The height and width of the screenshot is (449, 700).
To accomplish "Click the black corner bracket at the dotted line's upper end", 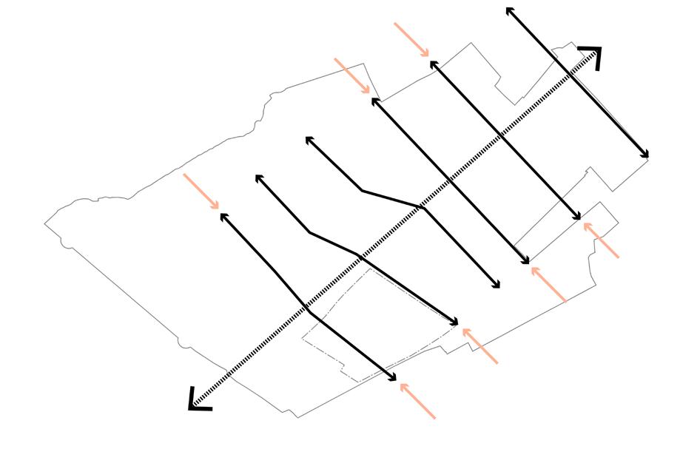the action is [x=593, y=55].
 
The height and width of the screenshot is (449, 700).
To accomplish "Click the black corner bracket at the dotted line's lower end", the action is [x=198, y=401].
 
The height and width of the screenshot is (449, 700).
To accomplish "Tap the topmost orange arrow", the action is [x=411, y=39].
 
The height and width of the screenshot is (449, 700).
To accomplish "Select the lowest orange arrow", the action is [x=417, y=401].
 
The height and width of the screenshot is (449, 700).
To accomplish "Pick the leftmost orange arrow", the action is [x=201, y=192].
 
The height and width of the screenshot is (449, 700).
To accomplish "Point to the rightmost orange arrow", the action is [x=601, y=240].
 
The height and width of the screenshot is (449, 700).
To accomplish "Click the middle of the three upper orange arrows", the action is [x=352, y=76].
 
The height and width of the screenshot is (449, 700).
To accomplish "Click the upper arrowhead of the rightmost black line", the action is [x=509, y=10].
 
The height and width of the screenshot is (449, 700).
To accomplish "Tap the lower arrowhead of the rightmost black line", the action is [x=646, y=155].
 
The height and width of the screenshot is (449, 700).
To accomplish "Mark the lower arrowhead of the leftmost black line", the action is [x=394, y=379].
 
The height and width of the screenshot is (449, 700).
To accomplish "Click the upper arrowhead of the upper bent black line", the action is [x=309, y=139].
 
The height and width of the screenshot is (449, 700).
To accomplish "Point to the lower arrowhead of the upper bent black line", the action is [x=497, y=286].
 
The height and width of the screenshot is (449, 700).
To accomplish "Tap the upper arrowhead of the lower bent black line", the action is [x=258, y=178].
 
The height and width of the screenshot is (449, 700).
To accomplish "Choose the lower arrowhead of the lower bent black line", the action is [x=456, y=323].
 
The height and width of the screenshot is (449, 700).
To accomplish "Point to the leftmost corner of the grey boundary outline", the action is [x=45, y=223].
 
